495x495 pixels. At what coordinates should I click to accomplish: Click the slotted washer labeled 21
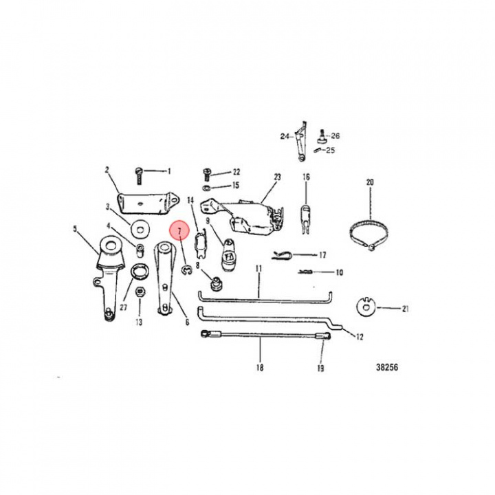pos(368,308)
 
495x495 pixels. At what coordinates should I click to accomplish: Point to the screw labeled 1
pos(137,172)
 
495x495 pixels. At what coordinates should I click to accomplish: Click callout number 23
pos(277,177)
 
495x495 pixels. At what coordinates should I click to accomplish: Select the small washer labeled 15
pos(207,186)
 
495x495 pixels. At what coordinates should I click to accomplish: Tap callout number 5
pos(75,230)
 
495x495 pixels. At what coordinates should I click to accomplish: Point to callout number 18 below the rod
pos(260,367)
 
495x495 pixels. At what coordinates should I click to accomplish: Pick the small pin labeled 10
pos(306,272)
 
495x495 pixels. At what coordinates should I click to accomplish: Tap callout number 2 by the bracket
pos(107,169)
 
